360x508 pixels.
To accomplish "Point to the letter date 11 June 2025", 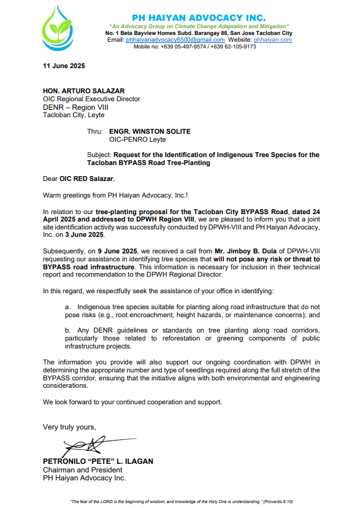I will pyautogui.click(x=64, y=66).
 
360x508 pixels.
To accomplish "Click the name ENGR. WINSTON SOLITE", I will pyautogui.click(x=150, y=131).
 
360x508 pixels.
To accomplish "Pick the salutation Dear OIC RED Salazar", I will pyautogui.click(x=79, y=179).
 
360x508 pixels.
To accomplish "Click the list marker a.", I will pyautogui.click(x=67, y=306).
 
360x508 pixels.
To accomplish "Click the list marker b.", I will pyautogui.click(x=67, y=330).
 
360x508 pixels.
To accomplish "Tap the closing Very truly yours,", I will pyautogui.click(x=69, y=426).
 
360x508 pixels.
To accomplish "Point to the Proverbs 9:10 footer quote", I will pyautogui.click(x=190, y=501).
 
